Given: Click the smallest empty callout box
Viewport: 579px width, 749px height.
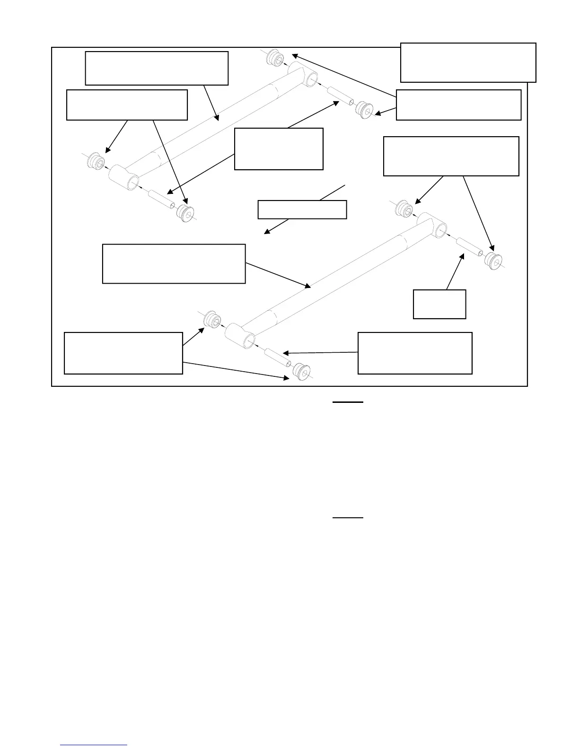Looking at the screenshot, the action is (439, 304).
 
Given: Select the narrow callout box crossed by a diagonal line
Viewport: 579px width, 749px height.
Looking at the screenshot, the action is (302, 209).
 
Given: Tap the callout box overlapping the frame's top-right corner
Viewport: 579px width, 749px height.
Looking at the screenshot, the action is (468, 62).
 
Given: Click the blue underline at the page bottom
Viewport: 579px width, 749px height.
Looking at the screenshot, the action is (94, 745).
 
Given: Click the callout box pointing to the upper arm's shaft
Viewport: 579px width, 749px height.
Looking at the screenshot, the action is (156, 68).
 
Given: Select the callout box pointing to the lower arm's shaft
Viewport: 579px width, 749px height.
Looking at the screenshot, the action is (174, 264).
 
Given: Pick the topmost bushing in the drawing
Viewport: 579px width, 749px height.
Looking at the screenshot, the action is (273, 58).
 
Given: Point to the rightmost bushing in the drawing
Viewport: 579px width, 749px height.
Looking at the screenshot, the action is (494, 261).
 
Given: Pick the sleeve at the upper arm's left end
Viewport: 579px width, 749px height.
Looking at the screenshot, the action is (161, 198).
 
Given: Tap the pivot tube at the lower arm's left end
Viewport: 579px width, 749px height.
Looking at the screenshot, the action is (240, 335).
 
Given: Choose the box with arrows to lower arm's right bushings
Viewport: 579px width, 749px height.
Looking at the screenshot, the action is (451, 156).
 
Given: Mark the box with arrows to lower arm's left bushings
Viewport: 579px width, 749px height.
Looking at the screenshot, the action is (123, 353).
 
